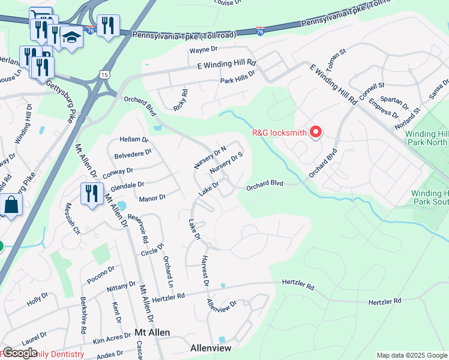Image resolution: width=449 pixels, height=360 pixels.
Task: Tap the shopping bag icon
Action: coord(11,205)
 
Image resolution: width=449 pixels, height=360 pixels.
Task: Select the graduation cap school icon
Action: coord(71,38)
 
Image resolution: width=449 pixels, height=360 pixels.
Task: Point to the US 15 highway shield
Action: coord(104,74)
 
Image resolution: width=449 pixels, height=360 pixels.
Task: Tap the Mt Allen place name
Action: coord(152,332)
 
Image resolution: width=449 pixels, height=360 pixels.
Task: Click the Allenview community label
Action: coord(210,347)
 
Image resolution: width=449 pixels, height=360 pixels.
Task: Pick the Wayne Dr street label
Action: coord(202,50)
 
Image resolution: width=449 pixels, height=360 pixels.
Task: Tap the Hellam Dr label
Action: coord(133,139)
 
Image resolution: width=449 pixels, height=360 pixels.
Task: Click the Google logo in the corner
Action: coord(20,353)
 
